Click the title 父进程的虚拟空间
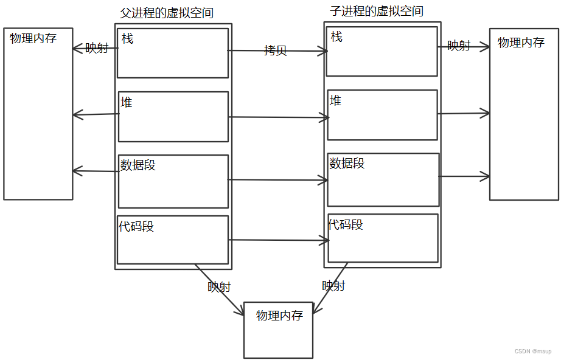tap(167, 13)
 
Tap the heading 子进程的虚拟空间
tap(377, 11)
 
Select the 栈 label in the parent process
tap(128, 39)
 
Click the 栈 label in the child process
tap(336, 37)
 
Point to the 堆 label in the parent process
tap(127, 103)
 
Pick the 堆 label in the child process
tap(335, 100)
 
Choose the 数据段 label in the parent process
tap(138, 165)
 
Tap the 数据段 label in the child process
tap(347, 163)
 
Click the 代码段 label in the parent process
tap(136, 226)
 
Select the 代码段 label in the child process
tap(346, 224)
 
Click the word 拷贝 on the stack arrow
tap(276, 50)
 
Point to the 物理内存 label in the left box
tap(33, 38)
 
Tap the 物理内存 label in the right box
tap(521, 43)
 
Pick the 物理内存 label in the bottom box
tap(280, 316)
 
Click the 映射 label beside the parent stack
tap(97, 47)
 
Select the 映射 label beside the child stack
tap(459, 46)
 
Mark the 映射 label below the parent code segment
tap(219, 286)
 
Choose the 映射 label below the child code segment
tap(333, 285)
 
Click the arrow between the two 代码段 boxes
tap(279, 240)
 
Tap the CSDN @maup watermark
tap(533, 351)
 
